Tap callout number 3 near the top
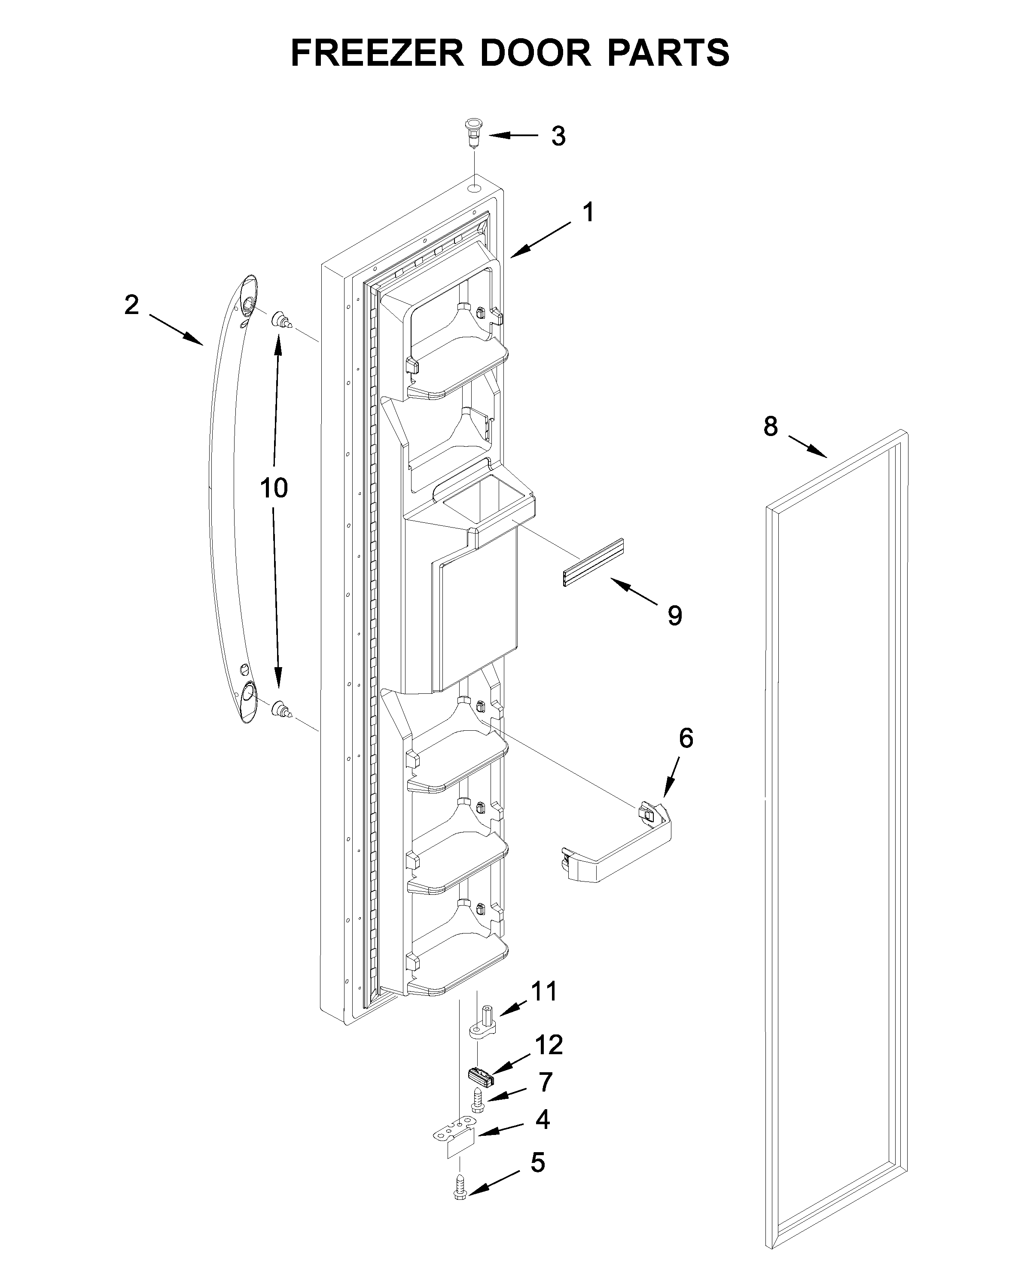[x=558, y=136]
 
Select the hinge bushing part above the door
[x=472, y=133]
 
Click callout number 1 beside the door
[x=588, y=212]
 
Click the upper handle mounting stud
[x=281, y=321]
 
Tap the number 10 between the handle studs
[x=274, y=487]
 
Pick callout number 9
[x=675, y=616]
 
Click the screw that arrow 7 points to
[x=477, y=1099]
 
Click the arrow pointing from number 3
[x=512, y=136]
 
